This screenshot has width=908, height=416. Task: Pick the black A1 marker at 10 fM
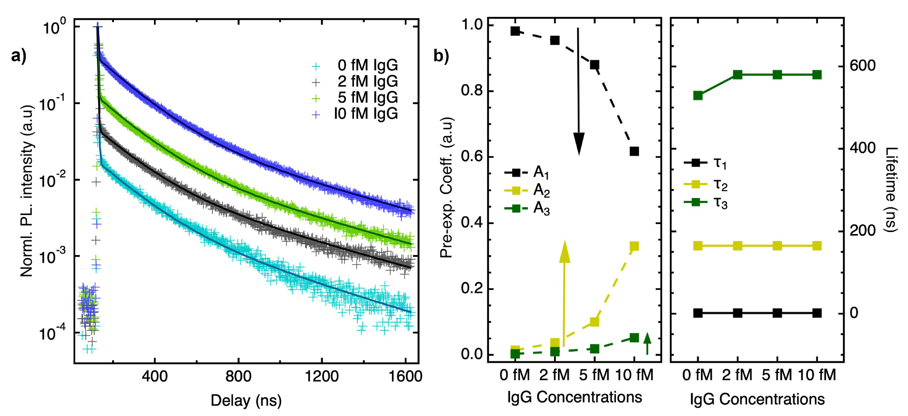tap(634, 151)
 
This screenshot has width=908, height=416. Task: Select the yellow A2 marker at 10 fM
tap(634, 246)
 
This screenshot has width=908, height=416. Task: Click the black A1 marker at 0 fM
tap(515, 31)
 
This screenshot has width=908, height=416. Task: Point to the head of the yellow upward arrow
tap(565, 251)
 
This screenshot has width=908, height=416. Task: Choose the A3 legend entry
tap(527, 208)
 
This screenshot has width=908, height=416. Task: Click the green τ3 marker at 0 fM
tap(698, 96)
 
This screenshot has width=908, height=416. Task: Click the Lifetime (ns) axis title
tap(890, 189)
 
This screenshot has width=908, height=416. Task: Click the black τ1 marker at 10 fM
tap(817, 313)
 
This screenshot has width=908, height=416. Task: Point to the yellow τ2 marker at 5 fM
tap(777, 246)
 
